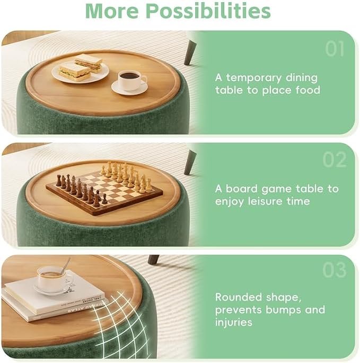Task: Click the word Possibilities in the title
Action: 208,11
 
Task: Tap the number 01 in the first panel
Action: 335,49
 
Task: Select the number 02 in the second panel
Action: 335,160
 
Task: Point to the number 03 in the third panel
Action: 335,270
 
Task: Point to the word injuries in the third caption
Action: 233,322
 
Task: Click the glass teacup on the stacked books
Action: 55,280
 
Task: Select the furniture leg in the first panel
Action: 190,52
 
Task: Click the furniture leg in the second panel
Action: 190,162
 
